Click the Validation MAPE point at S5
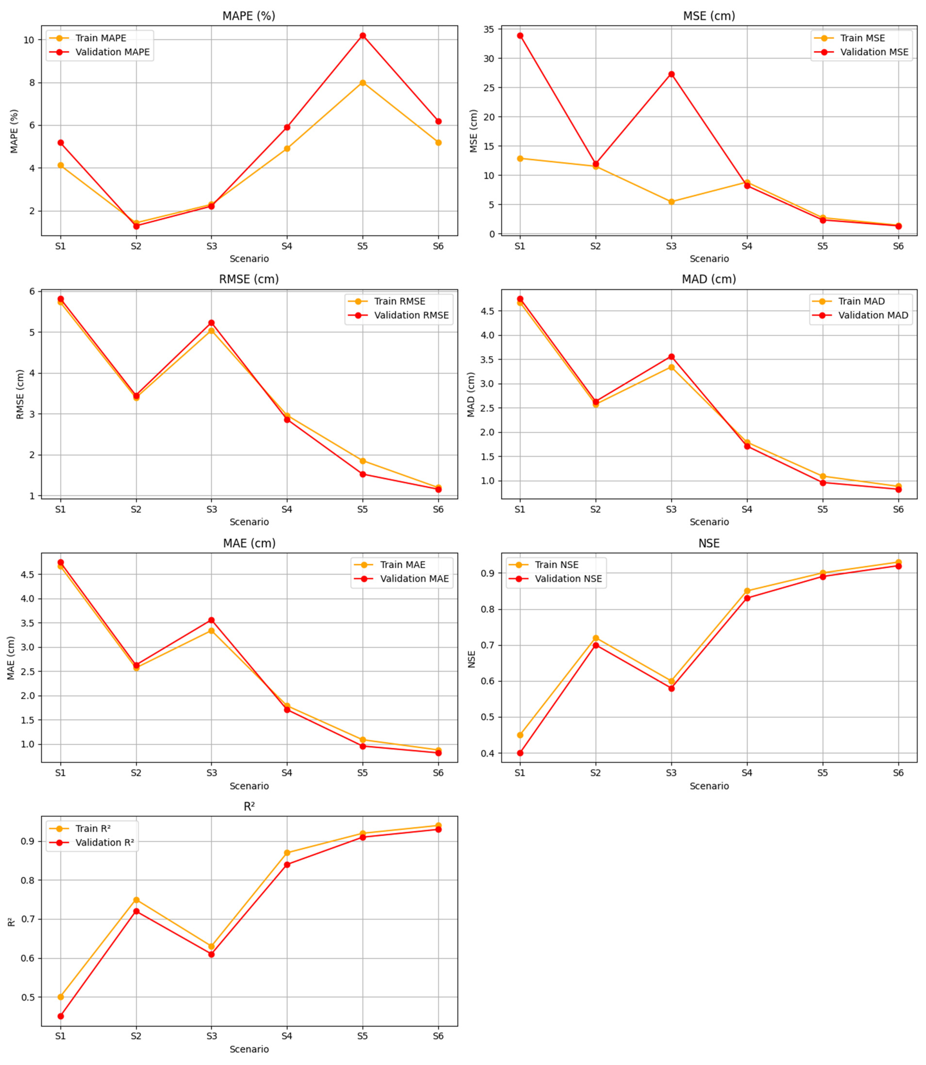pos(363,36)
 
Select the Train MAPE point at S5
pos(363,83)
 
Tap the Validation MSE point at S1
pos(520,36)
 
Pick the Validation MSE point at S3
pos(671,74)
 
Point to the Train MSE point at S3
pos(671,202)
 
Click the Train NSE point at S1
pos(520,735)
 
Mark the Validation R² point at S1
pos(60,1016)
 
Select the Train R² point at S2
pos(136,900)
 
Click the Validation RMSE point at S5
pos(363,474)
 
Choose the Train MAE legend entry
pos(402,565)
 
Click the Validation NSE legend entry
pos(568,579)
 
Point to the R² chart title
pos(249,807)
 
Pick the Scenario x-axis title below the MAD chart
pos(709,522)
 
